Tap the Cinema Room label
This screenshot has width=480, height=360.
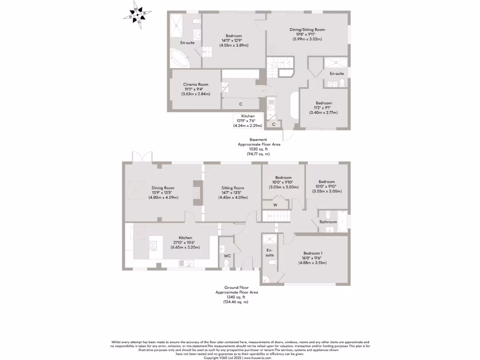click(195, 84)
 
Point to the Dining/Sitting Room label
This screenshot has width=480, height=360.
click(307, 30)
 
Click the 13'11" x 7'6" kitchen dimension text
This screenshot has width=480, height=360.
click(247, 120)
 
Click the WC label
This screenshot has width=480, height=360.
click(227, 256)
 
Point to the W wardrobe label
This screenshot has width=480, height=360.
click(275, 204)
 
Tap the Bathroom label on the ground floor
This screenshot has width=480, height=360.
click(328, 222)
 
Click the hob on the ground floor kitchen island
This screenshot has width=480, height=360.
click(153, 245)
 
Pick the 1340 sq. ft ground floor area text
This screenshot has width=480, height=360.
click(236, 297)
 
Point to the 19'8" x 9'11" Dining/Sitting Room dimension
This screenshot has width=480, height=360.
click(307, 34)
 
